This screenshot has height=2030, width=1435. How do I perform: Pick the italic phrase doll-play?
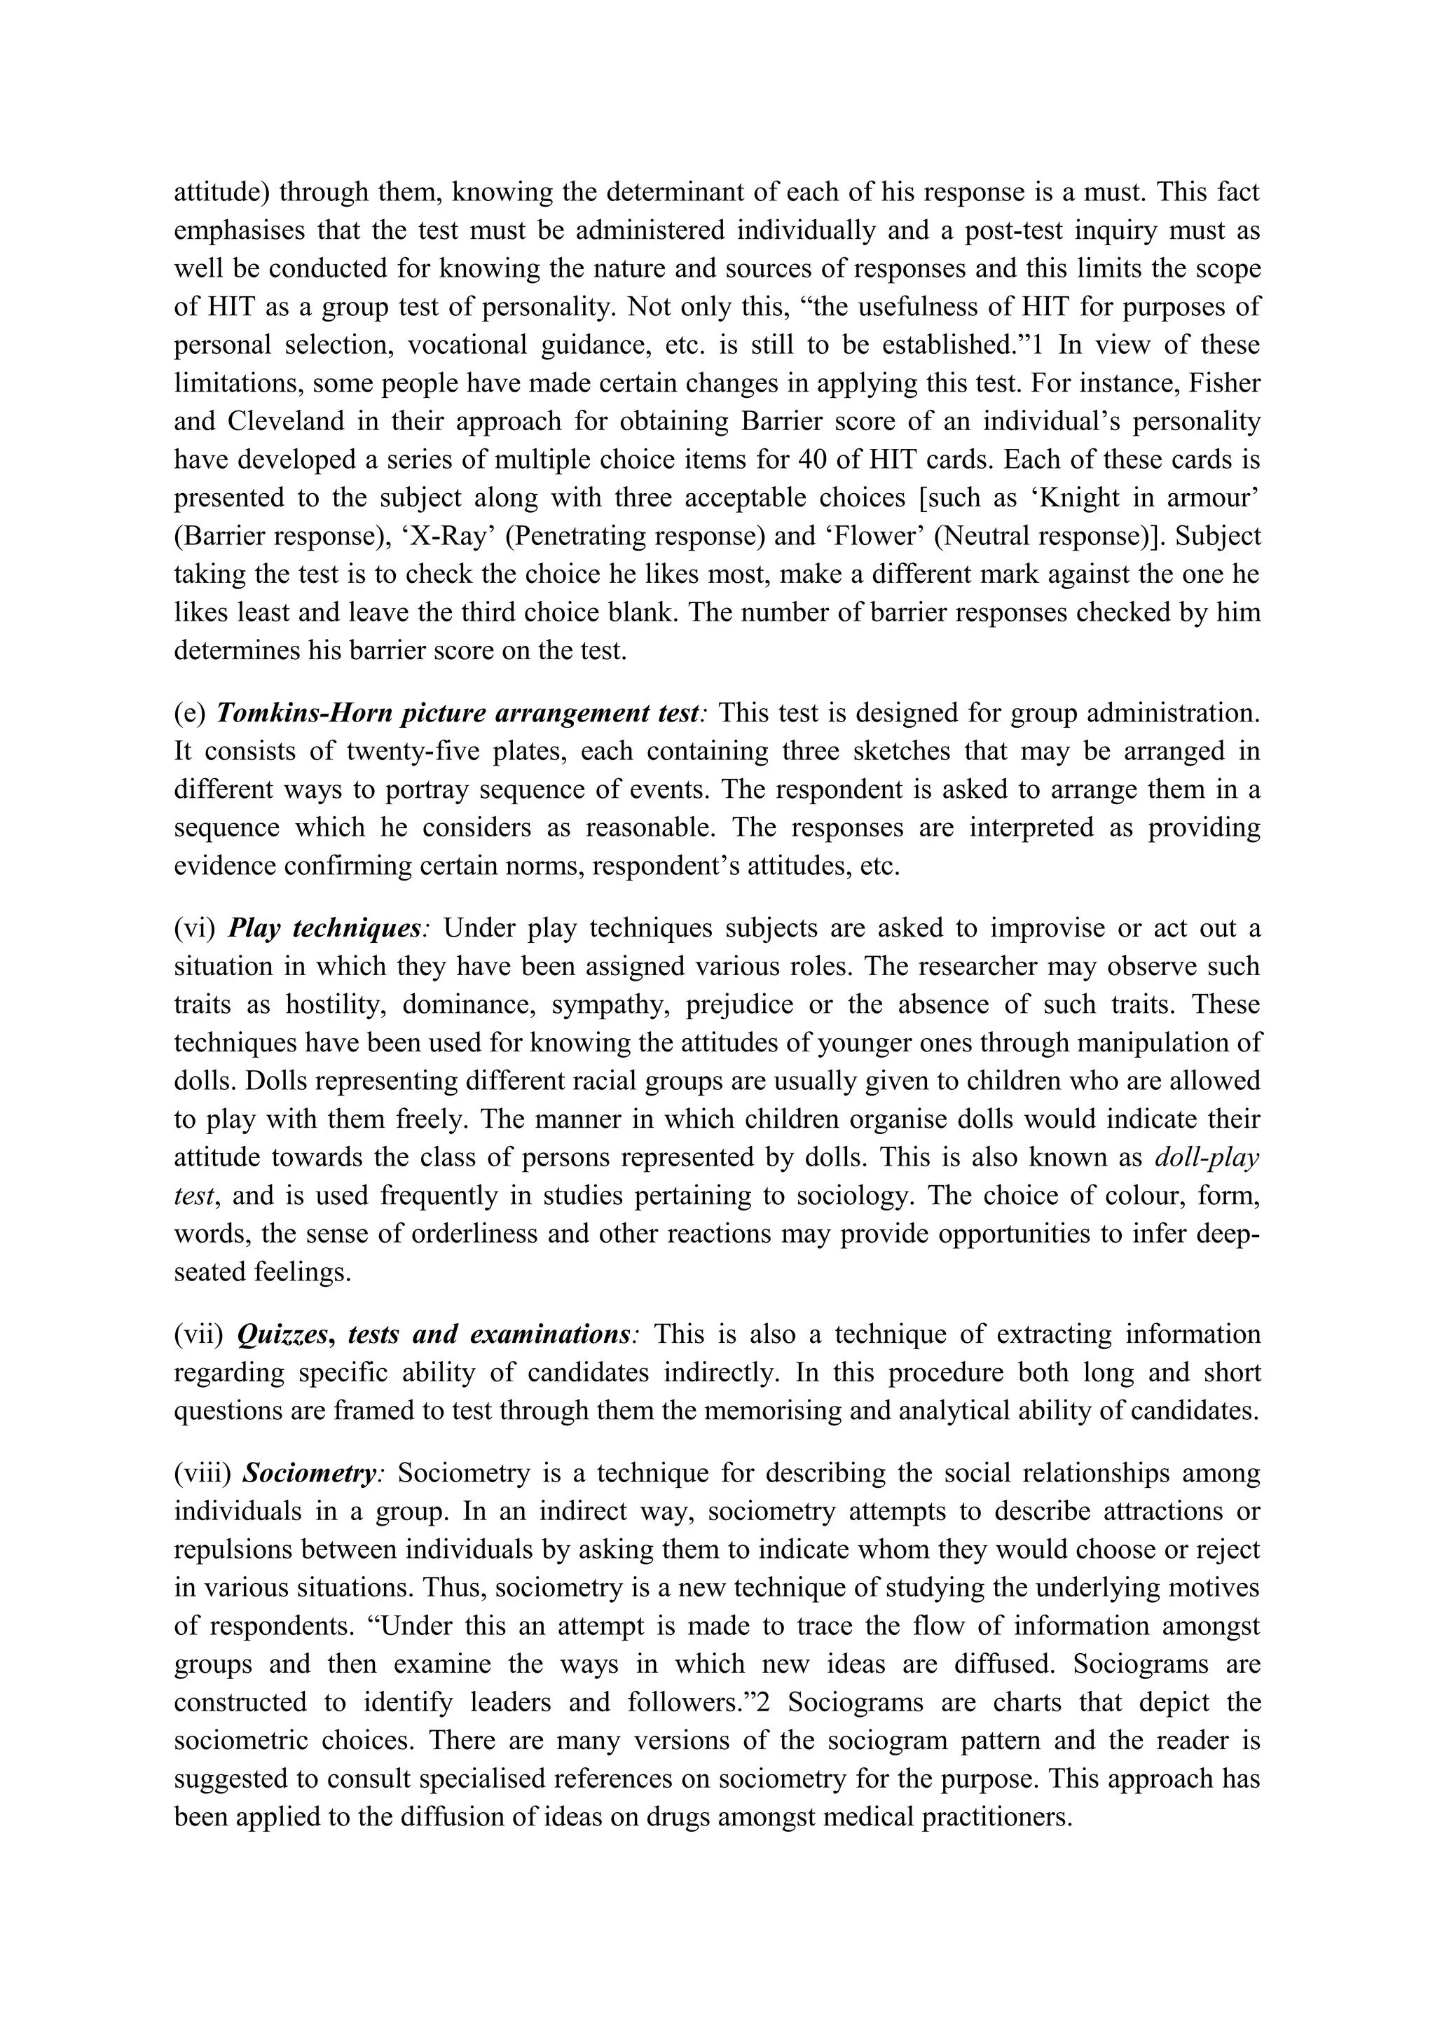(1207, 1157)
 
